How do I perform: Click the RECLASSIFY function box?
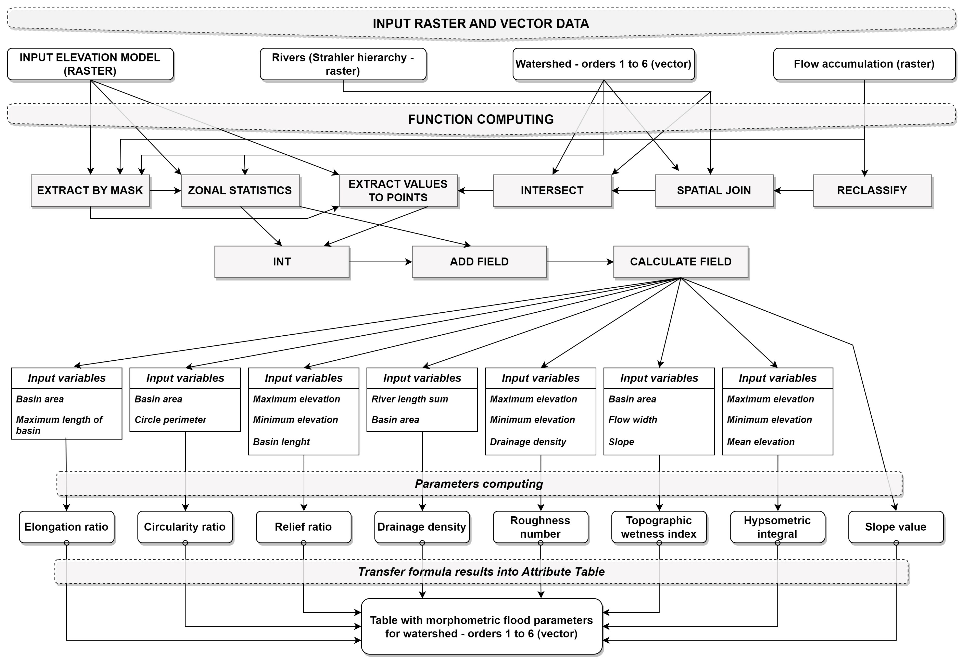[872, 191]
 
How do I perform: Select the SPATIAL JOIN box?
[714, 191]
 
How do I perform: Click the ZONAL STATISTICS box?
[240, 191]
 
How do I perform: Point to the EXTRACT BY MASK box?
[90, 191]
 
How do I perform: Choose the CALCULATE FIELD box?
[680, 262]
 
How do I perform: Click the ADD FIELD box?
[479, 262]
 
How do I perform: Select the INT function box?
[281, 262]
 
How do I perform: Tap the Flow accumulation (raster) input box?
[864, 64]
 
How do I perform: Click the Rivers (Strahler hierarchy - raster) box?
[343, 64]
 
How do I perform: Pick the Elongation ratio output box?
[67, 527]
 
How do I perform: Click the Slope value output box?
[896, 527]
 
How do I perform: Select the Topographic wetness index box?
[659, 527]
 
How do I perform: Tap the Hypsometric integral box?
[777, 527]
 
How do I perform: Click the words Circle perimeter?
[170, 420]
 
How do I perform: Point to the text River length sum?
[409, 399]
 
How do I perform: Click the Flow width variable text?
[632, 420]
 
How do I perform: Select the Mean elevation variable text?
[760, 442]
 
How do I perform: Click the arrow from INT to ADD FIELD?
[380, 262]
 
